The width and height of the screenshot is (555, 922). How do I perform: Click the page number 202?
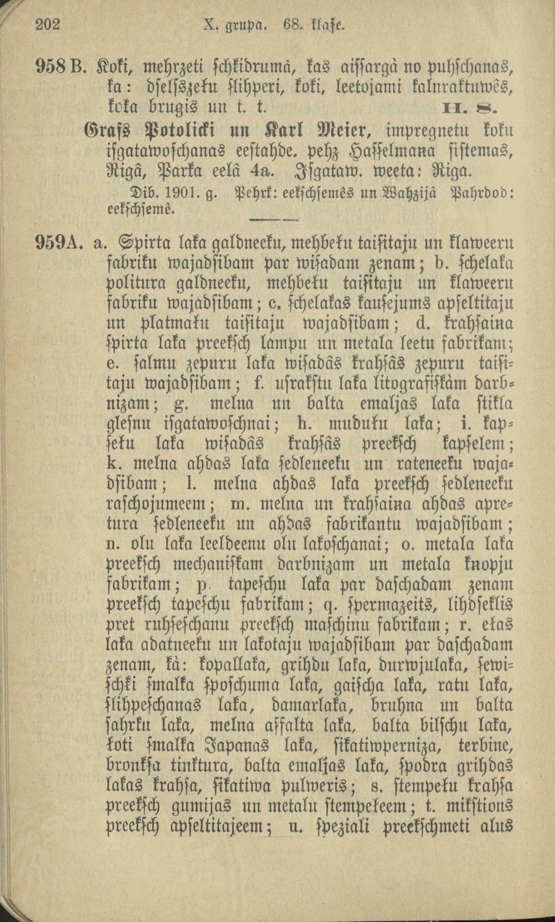pyautogui.click(x=48, y=25)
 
